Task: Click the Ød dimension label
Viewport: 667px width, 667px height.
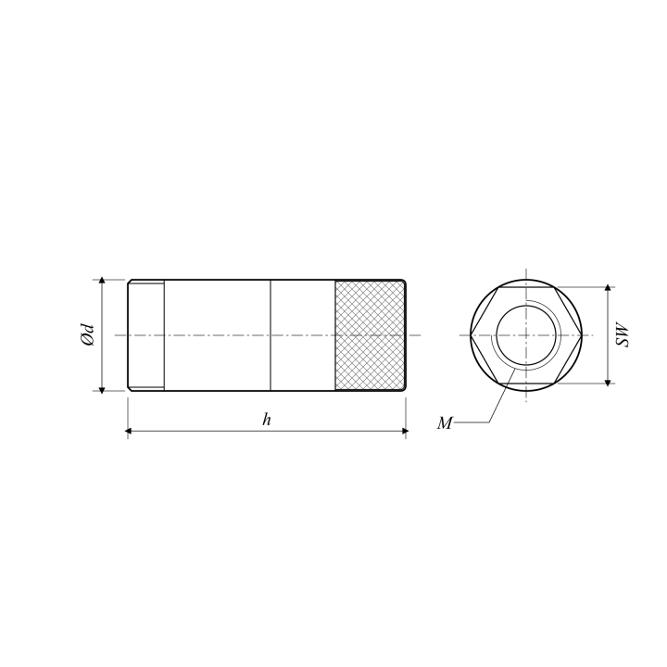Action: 87,335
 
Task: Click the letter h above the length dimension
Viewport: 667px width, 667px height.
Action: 266,420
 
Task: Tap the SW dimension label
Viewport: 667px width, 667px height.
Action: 623,335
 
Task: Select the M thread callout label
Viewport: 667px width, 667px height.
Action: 445,423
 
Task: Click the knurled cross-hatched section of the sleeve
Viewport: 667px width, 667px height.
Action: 370,335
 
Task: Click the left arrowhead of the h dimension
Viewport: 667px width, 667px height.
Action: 128,431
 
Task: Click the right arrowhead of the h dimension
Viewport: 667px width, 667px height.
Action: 405,431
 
